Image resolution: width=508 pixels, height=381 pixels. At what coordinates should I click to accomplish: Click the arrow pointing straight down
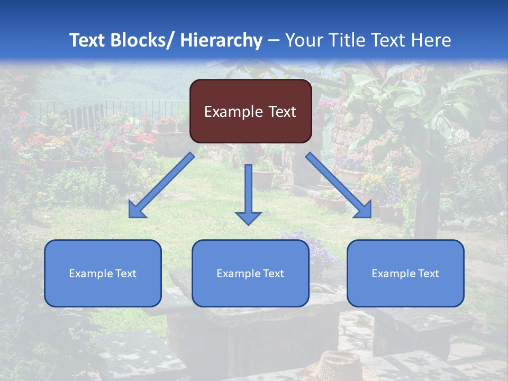248,190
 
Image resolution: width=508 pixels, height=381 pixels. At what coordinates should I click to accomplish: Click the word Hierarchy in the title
221,40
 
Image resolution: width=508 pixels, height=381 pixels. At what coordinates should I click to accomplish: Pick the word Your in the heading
303,40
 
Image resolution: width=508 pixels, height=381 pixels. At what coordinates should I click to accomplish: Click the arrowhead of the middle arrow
248,217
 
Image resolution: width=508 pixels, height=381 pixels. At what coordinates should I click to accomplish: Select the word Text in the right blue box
429,274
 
